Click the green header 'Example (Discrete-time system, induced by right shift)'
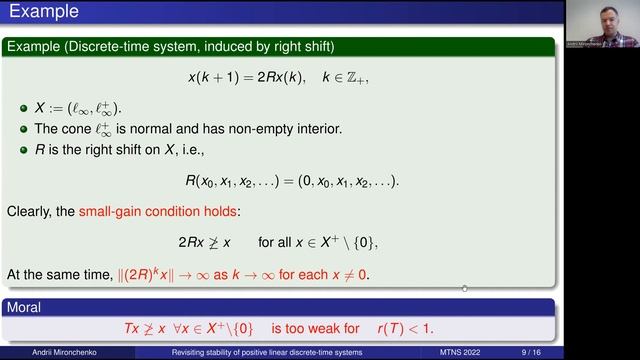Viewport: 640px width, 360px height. (170, 46)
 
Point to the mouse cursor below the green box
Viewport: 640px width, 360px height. (464, 290)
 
